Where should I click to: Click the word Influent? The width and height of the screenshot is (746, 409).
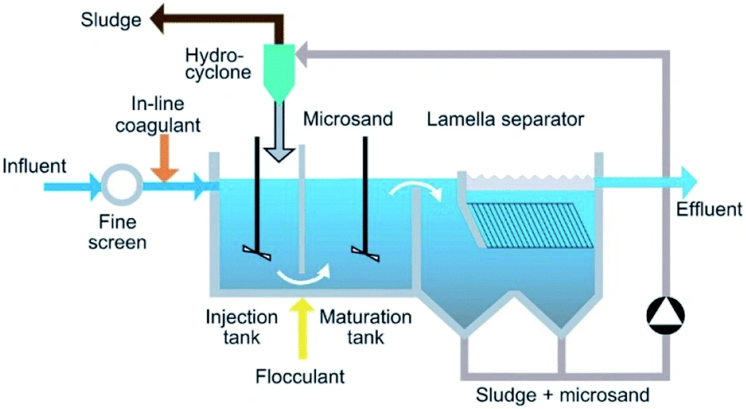[32, 164]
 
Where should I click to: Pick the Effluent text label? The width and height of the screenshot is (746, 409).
[708, 209]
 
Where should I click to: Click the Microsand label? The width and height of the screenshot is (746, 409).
[339, 119]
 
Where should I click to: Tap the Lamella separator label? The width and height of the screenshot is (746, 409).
[505, 119]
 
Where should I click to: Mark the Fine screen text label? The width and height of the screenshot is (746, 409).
[120, 232]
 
